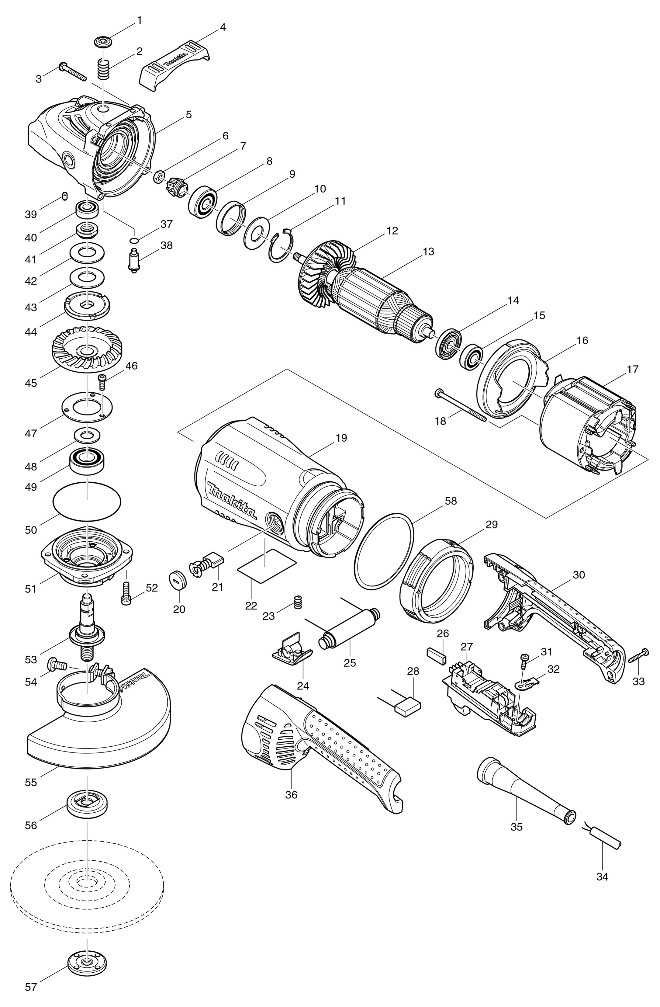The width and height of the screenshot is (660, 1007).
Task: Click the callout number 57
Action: [31, 995]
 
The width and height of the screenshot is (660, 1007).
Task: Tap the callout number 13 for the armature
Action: [428, 251]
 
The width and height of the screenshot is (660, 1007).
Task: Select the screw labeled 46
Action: [102, 382]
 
